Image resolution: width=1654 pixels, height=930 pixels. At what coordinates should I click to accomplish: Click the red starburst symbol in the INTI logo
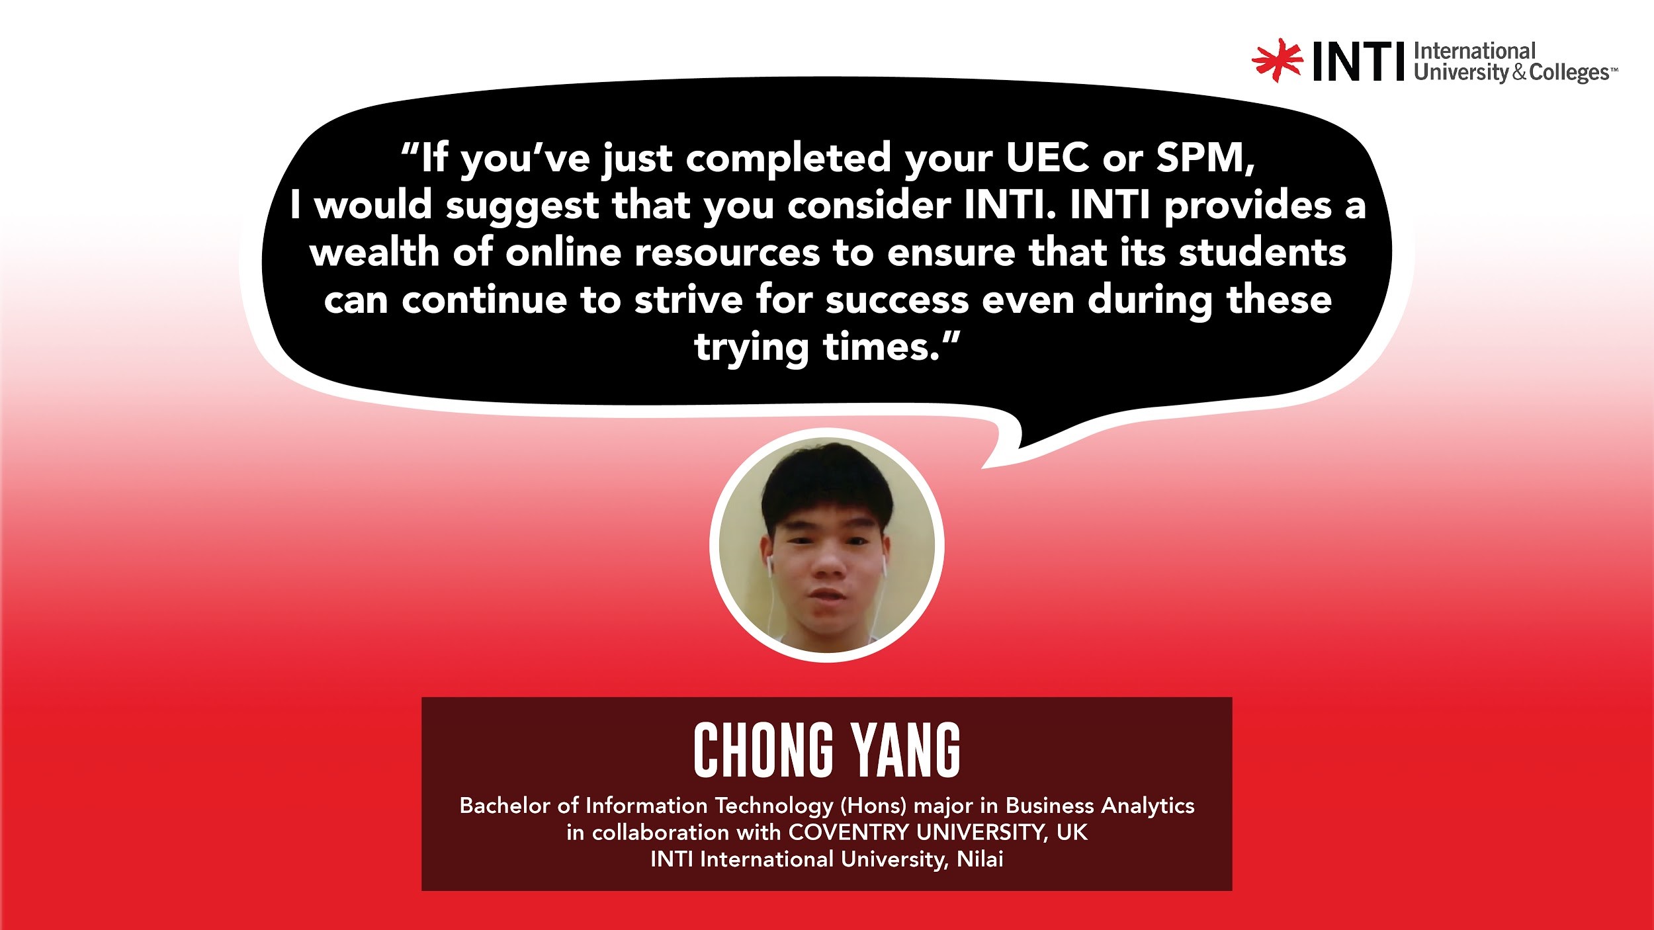point(1277,60)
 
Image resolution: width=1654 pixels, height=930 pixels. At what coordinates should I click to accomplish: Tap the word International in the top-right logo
point(1474,51)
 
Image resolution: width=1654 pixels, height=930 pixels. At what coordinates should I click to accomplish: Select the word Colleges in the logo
point(1569,72)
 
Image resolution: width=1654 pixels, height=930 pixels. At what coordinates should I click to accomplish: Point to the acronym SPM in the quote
point(1205,158)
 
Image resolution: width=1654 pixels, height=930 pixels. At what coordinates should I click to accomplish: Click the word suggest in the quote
point(521,206)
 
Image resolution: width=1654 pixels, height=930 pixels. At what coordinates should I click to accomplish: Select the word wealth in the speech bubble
point(374,253)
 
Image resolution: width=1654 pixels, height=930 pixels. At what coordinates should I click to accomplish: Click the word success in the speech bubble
point(897,302)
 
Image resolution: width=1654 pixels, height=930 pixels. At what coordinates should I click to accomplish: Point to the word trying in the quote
point(752,348)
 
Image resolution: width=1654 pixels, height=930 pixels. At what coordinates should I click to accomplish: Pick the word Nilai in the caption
point(980,859)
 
